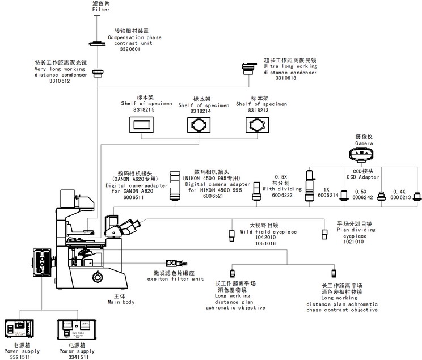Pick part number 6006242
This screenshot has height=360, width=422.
(364, 198)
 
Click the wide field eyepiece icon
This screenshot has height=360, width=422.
(231, 235)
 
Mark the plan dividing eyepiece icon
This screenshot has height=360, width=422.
(324, 234)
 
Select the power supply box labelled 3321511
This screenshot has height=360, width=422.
(19, 331)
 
